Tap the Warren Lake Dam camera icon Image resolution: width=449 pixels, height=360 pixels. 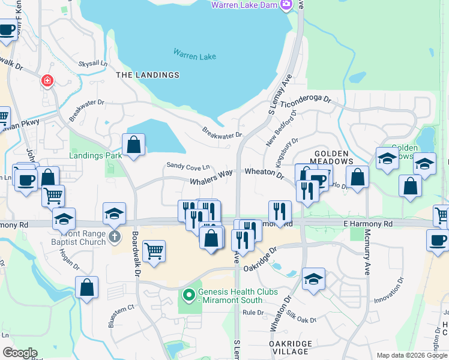coord(286,5)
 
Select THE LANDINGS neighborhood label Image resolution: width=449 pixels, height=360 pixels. coord(148,75)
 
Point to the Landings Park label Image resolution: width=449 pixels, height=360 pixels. coord(95,155)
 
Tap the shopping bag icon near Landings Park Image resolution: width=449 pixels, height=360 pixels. coord(133,145)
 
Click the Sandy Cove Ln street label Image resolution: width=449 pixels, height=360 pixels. coord(188,166)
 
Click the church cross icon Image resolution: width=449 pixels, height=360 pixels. coord(115,237)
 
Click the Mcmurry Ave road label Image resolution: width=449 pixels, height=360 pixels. coord(367,256)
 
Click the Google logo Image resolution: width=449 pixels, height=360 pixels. coord(20,353)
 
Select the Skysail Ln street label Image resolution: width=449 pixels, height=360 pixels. coord(92,63)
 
